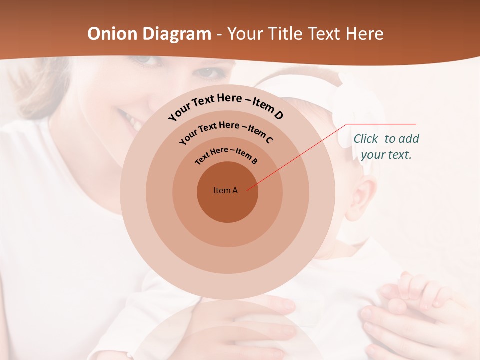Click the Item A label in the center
click(226, 190)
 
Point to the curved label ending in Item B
click(226, 154)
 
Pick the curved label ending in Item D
click(226, 105)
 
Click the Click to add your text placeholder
click(386, 147)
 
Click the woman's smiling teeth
click(129, 119)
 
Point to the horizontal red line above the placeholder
click(382, 124)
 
